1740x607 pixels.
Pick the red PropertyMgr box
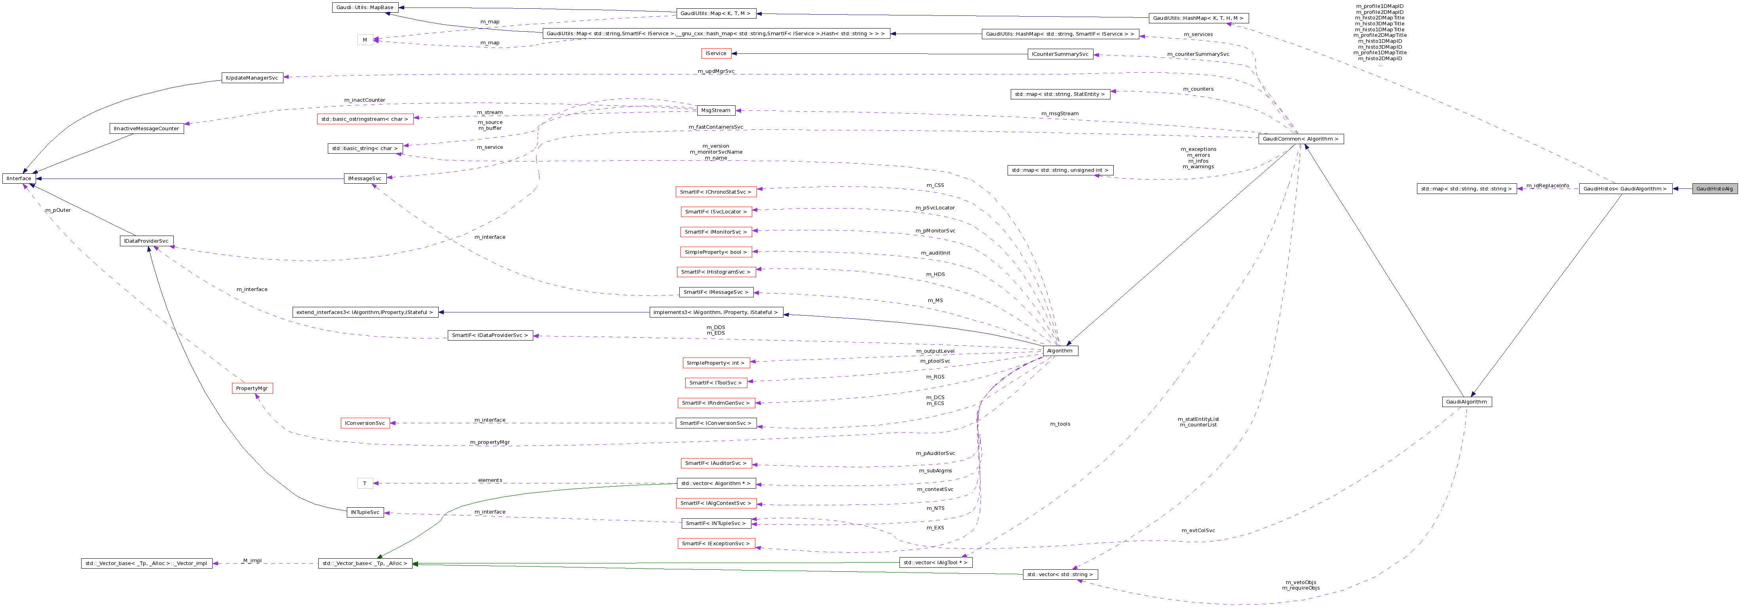[252, 388]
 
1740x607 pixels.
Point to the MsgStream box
[715, 110]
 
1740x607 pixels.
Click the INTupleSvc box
[365, 512]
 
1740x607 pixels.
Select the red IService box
[716, 53]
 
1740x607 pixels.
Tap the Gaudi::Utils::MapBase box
[365, 8]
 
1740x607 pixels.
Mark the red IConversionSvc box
[365, 423]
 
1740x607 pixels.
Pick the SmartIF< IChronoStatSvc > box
[715, 192]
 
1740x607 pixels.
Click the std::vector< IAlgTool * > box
[936, 562]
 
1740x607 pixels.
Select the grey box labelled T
[365, 483]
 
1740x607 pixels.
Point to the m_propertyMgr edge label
[490, 442]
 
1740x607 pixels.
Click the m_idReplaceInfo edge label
[1548, 185]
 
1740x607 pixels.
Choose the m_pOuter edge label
[58, 210]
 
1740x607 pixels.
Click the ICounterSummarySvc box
[1060, 54]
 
